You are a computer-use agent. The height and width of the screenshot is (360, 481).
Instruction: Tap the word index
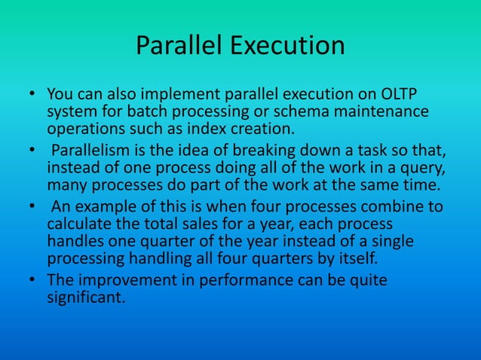[x=215, y=129]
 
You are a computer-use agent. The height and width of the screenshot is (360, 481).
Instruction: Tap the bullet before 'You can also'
[x=34, y=96]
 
